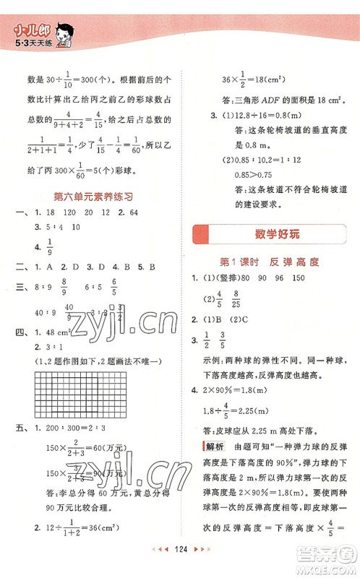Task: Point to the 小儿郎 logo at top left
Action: click(27, 30)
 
